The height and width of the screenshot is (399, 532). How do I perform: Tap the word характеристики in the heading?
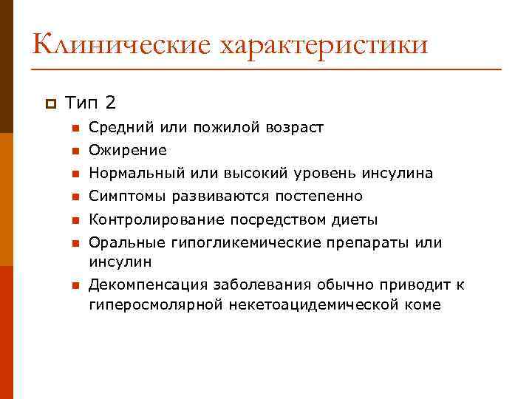coord(323,44)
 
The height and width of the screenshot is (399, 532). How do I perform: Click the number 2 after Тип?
coord(111,101)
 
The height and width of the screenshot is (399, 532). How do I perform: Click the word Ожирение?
coord(128,151)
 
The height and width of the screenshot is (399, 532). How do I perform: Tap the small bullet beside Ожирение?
coord(75,151)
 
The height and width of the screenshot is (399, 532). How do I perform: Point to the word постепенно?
coord(322,197)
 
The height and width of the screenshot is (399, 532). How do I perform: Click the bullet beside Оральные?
coord(75,243)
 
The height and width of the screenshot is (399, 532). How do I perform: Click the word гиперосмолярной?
coord(147,304)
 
